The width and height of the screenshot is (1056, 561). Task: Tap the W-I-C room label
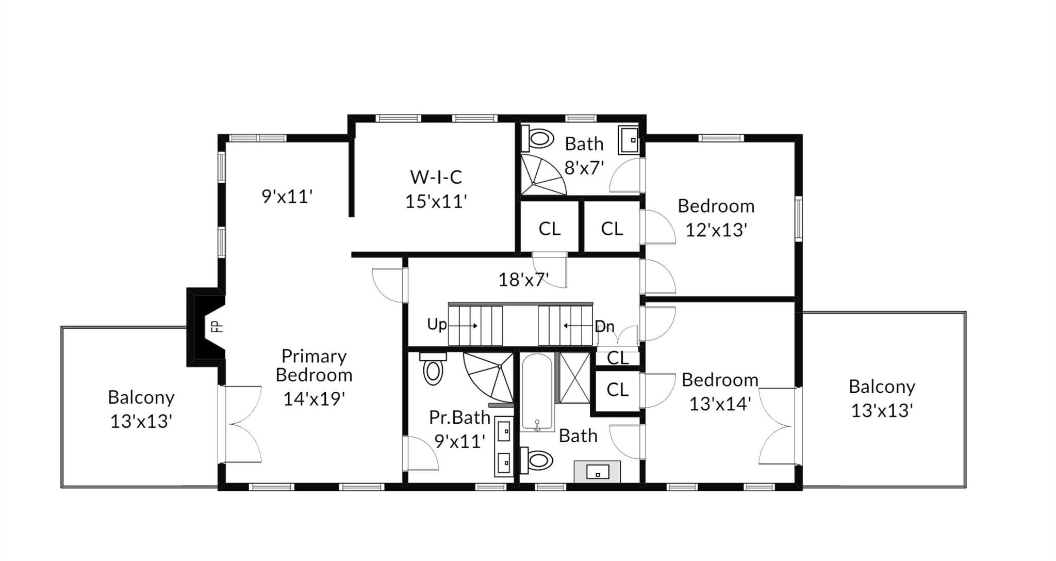click(x=436, y=177)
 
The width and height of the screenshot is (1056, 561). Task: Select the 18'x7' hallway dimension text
click(x=523, y=280)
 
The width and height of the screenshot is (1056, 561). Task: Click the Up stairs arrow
click(x=466, y=326)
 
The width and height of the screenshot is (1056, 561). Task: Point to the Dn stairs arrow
click(x=577, y=326)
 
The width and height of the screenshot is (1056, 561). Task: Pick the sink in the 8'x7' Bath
click(x=629, y=139)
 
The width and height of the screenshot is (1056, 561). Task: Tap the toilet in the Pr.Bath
click(x=433, y=368)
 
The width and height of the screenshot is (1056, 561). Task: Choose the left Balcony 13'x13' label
click(x=141, y=409)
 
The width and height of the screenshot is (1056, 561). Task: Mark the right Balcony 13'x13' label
click(x=882, y=398)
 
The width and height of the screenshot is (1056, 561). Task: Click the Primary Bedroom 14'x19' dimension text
click(x=314, y=398)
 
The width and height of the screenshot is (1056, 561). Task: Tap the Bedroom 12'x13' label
click(x=716, y=218)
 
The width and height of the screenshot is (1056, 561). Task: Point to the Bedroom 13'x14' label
click(x=720, y=392)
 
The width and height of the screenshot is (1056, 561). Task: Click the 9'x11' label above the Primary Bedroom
click(x=287, y=197)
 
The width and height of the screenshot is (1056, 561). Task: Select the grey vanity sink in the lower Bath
click(x=597, y=471)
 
